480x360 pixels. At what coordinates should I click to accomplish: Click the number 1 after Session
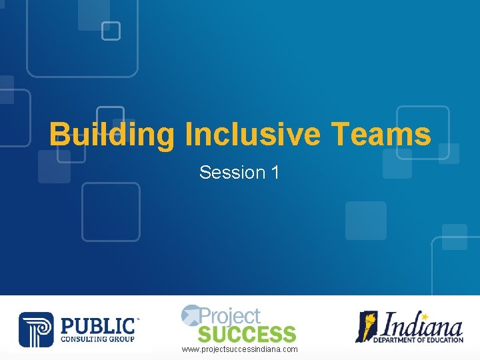pyautogui.click(x=275, y=173)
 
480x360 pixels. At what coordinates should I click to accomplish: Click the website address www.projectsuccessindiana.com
pyautogui.click(x=240, y=349)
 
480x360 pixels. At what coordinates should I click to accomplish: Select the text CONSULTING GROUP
pyautogui.click(x=97, y=339)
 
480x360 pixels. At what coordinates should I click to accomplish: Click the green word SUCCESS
pyautogui.click(x=247, y=333)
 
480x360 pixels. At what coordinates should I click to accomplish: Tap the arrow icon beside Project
pyautogui.click(x=190, y=313)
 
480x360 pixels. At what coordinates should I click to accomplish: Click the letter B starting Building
pyautogui.click(x=59, y=134)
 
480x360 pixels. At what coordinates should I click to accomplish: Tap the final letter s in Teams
pyautogui.click(x=423, y=135)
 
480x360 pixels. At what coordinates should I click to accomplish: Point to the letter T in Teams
pyautogui.click(x=341, y=134)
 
